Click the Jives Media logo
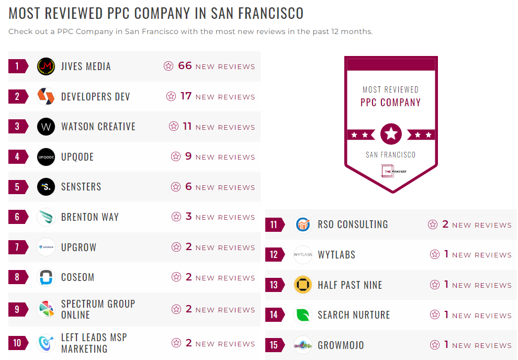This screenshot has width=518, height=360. point(46,66)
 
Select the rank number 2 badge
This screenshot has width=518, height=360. point(17,97)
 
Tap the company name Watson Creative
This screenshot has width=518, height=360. point(98,127)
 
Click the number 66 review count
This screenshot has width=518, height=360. point(185,66)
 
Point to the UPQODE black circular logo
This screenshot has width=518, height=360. point(46,157)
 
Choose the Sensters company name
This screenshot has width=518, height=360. point(81,187)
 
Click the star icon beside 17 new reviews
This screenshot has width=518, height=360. point(171,96)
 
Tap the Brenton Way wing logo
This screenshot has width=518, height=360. point(46,217)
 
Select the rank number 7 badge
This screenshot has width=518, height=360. point(17,247)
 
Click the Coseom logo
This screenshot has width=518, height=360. point(46,277)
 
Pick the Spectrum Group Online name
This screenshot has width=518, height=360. point(98,309)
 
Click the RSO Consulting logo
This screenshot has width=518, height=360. point(303,224)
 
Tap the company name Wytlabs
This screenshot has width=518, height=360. point(336,255)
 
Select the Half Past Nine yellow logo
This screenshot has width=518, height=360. point(303,285)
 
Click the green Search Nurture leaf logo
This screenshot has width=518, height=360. point(303,315)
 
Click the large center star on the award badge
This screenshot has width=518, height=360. point(391,134)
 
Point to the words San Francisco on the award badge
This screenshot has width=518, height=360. point(391,155)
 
